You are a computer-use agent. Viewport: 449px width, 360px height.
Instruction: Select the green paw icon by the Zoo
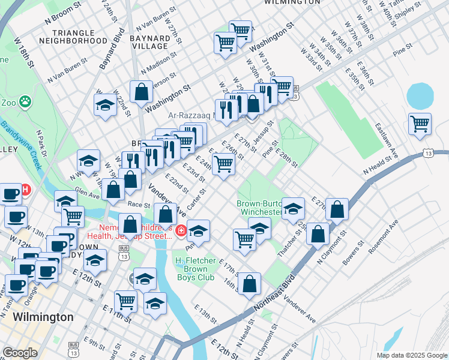25,101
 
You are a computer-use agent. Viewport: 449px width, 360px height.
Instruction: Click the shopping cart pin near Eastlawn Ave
420,124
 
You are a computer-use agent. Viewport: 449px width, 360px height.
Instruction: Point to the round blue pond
420,95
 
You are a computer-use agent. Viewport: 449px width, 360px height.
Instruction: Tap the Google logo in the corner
20,353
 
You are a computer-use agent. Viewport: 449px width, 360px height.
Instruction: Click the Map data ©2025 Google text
411,355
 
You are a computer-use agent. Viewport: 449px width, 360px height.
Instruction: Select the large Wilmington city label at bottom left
43,317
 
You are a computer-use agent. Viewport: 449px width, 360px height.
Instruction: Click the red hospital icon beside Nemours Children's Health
181,229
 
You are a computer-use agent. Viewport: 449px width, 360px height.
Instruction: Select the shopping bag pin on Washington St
141,92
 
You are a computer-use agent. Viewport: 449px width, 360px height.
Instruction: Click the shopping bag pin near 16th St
251,283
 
